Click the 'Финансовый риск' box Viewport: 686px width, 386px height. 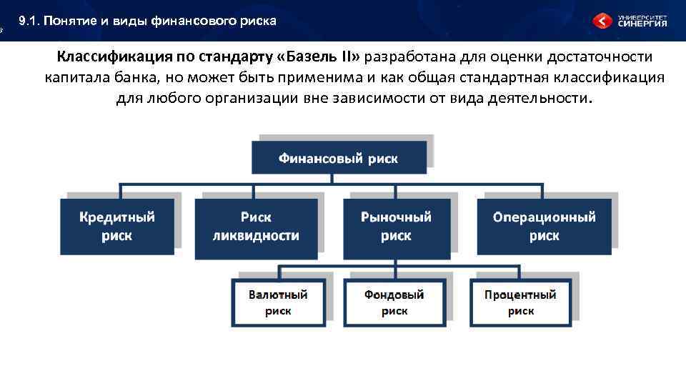(x=339, y=158)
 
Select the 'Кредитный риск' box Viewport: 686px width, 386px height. (x=116, y=227)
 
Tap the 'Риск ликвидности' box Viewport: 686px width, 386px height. (x=256, y=227)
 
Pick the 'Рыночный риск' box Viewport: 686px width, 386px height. (x=396, y=227)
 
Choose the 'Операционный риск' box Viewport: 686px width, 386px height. (x=544, y=227)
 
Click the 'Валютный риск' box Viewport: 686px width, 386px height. (x=278, y=302)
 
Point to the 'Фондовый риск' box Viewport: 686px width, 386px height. (x=394, y=302)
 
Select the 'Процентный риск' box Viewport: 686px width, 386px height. (x=520, y=302)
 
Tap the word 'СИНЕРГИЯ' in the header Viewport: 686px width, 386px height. (x=642, y=24)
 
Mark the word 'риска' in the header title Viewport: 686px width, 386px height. (x=260, y=21)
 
